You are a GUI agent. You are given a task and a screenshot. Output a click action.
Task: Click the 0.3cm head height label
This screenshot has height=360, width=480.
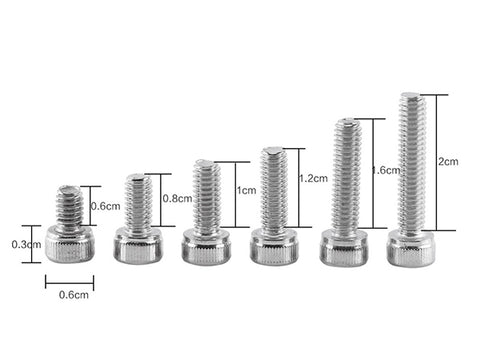(x=26, y=244)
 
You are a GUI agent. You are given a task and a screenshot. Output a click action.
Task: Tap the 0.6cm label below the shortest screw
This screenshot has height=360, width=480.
(x=74, y=295)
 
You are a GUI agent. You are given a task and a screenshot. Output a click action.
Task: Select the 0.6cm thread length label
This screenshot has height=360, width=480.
(x=106, y=206)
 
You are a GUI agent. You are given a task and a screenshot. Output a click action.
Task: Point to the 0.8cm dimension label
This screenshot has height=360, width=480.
(x=177, y=199)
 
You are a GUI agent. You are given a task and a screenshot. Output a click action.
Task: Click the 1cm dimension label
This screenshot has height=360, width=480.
(x=246, y=191)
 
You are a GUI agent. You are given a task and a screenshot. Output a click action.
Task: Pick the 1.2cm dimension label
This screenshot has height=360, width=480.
(x=313, y=178)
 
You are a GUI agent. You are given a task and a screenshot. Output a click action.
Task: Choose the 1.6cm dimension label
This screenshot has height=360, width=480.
(x=386, y=170)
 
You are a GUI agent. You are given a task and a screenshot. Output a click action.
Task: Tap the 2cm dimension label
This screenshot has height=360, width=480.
(x=448, y=162)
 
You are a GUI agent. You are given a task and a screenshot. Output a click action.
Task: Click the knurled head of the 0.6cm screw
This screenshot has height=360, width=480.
(x=70, y=244)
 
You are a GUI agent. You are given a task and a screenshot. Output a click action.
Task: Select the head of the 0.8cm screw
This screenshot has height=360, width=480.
(x=138, y=245)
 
